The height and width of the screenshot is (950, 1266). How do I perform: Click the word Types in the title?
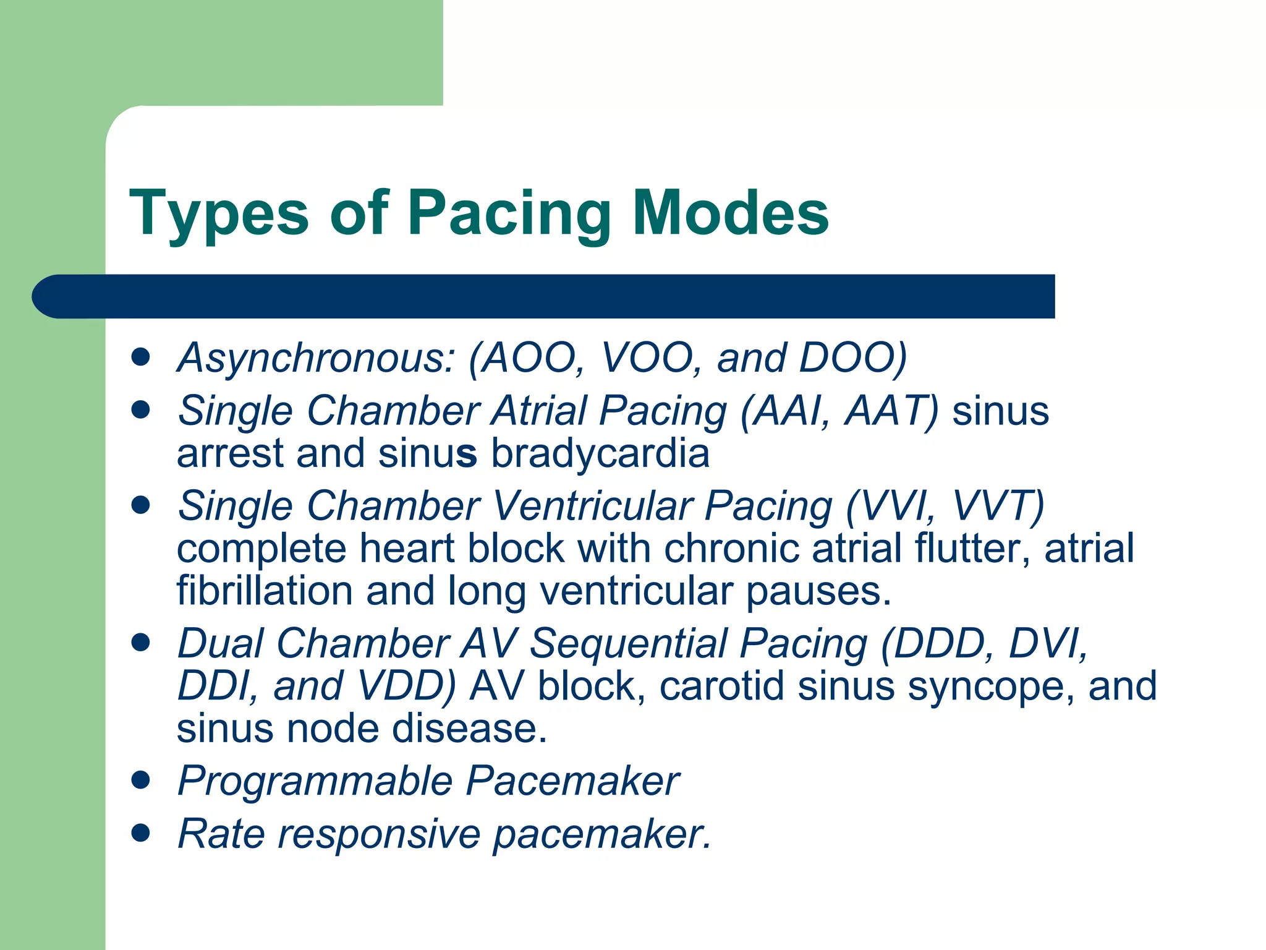coord(219,214)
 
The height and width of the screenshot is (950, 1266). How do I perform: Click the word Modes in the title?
coord(731,213)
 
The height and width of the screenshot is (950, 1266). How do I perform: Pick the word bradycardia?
coord(600,453)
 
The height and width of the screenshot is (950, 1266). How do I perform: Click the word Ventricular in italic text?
coord(593,506)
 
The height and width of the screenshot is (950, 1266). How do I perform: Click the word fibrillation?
coord(265,591)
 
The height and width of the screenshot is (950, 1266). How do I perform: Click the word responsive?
coord(379,834)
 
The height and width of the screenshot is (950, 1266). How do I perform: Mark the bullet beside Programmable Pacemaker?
coord(141,781)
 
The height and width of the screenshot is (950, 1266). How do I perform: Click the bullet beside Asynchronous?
coord(141,357)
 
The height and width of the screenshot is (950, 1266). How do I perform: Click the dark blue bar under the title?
coord(544,296)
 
